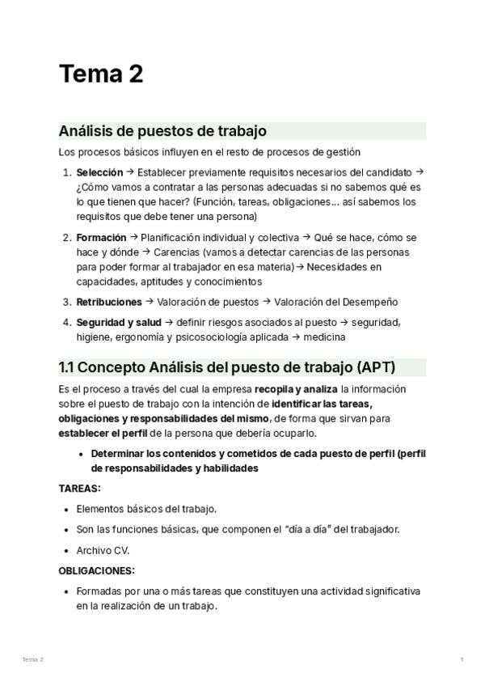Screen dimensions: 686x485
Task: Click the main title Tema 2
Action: (x=101, y=74)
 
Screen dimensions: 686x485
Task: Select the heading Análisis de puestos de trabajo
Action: (x=162, y=131)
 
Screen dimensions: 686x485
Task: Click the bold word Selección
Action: (x=99, y=172)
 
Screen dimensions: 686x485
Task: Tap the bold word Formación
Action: (x=101, y=238)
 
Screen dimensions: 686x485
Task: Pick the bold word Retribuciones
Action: (x=108, y=302)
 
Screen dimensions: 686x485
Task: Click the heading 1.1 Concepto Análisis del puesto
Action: (x=226, y=366)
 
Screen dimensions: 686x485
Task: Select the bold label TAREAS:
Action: (x=80, y=489)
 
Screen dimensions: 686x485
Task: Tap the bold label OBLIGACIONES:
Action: (x=97, y=570)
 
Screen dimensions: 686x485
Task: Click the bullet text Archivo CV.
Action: (x=103, y=550)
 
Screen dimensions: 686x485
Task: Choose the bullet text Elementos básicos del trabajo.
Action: (x=146, y=509)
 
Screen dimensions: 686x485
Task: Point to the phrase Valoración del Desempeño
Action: (x=336, y=302)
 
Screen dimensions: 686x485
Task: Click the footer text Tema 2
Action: (x=33, y=660)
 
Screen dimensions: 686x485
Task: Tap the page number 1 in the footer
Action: (x=462, y=660)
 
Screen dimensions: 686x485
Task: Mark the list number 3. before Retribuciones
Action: (x=67, y=302)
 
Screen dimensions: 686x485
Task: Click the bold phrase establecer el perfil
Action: (x=103, y=434)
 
